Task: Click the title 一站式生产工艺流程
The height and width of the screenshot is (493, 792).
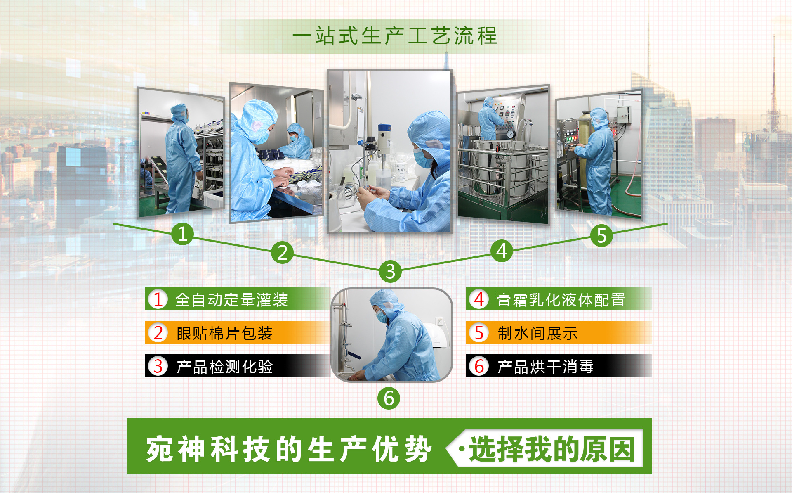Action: pos(395,36)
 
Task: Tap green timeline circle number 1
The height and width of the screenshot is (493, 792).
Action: pos(182,234)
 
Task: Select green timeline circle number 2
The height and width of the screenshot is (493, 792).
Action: pos(282,253)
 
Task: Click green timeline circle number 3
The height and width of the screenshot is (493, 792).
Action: pos(390,271)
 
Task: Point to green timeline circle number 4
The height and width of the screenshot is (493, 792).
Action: pos(502,251)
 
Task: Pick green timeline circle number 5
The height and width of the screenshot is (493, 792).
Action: pos(601,236)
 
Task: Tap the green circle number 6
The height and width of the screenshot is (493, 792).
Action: pos(389,398)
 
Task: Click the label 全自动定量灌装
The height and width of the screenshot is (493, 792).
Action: pos(231,300)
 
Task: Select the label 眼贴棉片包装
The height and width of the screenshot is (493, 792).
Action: pos(225,333)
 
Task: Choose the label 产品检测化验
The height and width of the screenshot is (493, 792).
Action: pos(225,367)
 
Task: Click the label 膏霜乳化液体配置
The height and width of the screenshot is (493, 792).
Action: pos(561,300)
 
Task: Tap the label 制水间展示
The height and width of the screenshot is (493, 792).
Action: pos(537,333)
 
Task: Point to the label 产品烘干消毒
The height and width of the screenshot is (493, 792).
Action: pos(545,367)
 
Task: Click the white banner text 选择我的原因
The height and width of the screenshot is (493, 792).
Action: pos(552,449)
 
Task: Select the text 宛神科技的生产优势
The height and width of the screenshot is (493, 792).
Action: pos(289,449)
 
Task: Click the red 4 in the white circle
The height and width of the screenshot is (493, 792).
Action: pos(479,299)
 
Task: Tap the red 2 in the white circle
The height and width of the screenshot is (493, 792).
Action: pos(158,333)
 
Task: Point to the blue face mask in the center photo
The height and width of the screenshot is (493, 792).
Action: pos(422,158)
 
